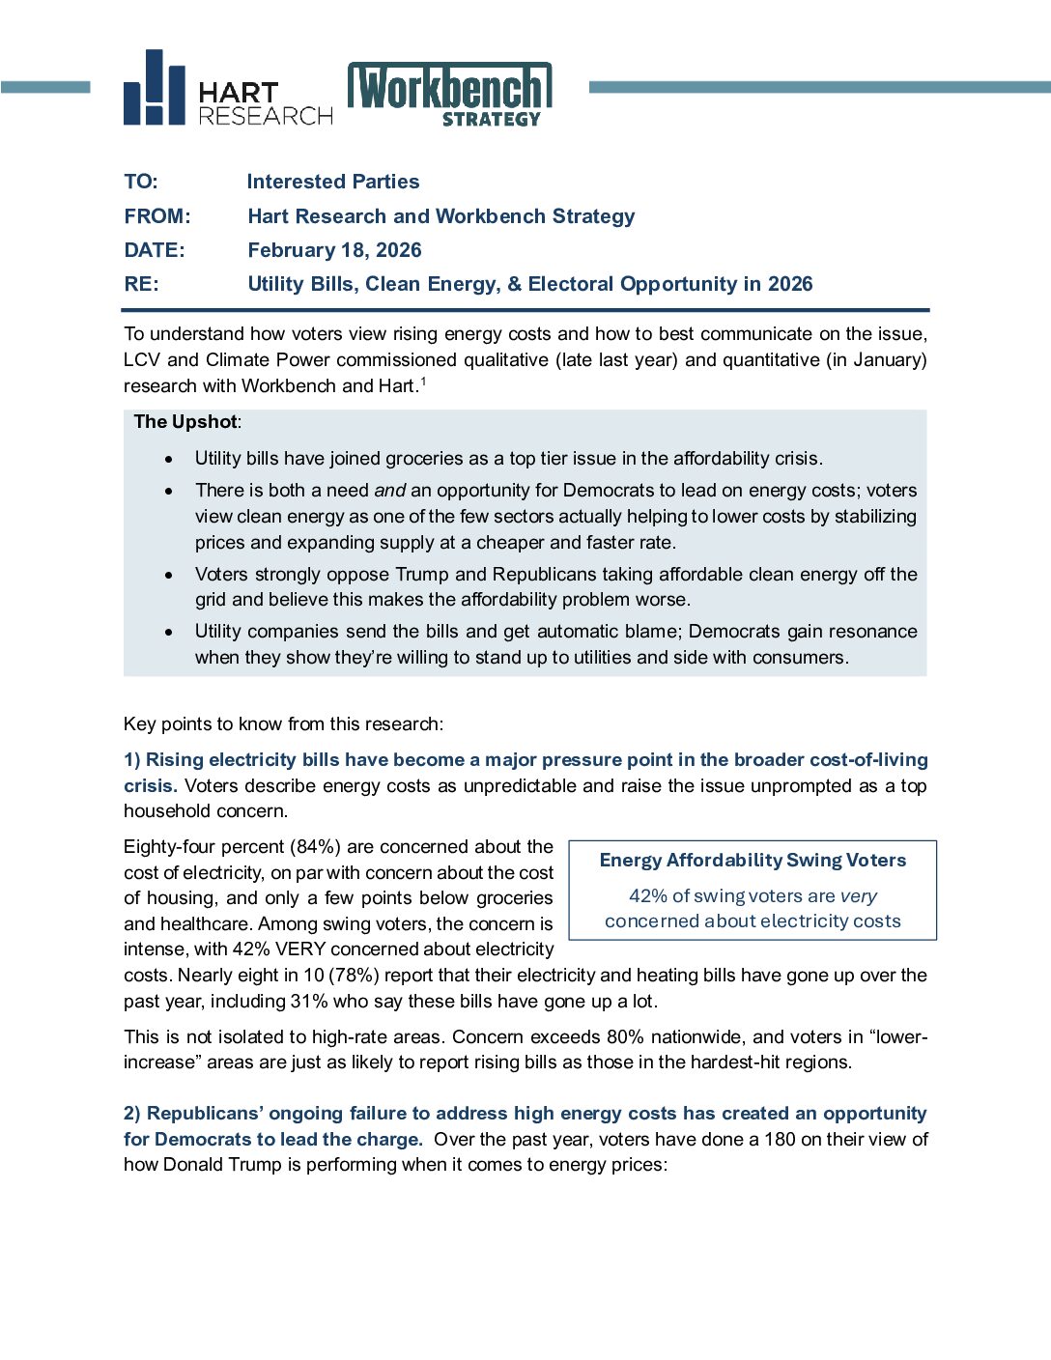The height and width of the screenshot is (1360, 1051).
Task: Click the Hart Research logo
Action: [228, 90]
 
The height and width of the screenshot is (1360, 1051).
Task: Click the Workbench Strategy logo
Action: [449, 94]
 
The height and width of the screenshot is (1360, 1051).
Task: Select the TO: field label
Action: [141, 182]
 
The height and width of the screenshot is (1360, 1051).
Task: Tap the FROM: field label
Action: [157, 216]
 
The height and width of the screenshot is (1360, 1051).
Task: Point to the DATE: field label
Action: [155, 250]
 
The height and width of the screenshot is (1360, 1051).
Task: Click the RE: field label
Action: [141, 284]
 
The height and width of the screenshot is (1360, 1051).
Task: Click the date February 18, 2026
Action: [334, 250]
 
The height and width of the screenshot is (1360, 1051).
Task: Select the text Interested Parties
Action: [333, 182]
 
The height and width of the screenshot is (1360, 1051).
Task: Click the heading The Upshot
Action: [185, 421]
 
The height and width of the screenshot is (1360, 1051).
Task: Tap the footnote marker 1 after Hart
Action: [423, 382]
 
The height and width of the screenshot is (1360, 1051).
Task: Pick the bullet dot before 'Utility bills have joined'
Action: [170, 459]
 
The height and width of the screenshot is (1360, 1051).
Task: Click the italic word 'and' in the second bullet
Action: [389, 491]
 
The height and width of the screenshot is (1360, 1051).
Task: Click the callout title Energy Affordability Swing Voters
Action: [753, 861]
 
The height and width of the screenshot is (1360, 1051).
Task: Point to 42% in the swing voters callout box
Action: [648, 896]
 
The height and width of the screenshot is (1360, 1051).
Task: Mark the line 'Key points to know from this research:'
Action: [284, 724]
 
